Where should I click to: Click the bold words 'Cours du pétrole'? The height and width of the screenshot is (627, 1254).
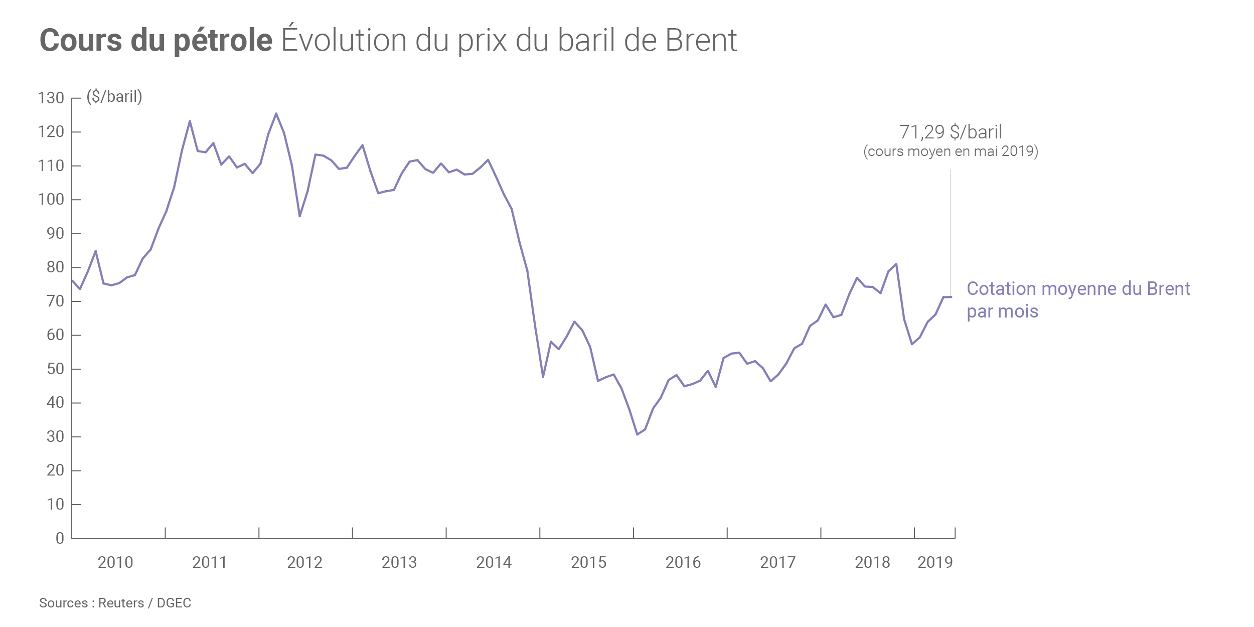[x=155, y=40]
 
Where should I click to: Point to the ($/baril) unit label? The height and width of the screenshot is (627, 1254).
[x=114, y=96]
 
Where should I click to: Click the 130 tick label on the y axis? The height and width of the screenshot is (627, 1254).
[x=51, y=98]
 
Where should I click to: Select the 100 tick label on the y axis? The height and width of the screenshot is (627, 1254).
[x=51, y=200]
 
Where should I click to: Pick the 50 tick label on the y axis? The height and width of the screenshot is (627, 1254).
[x=55, y=369]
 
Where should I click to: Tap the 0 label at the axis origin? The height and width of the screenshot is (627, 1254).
[x=60, y=538]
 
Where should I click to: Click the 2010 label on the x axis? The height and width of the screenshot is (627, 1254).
[x=115, y=562]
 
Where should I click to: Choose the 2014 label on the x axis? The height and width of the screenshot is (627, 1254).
[x=494, y=562]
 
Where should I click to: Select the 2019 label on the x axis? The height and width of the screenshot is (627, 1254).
[x=935, y=562]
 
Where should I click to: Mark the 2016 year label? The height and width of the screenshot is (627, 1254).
[x=683, y=562]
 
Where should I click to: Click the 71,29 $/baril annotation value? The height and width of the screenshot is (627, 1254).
[x=951, y=132]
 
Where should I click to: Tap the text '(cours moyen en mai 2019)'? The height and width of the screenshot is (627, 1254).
[x=951, y=151]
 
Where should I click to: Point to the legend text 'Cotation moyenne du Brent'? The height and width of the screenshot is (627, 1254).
[x=1078, y=288]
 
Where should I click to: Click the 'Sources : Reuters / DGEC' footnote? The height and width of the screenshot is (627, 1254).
[x=115, y=603]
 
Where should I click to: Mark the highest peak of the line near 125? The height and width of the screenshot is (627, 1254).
[x=276, y=113]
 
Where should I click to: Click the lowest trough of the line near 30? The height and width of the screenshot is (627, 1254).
[x=637, y=434]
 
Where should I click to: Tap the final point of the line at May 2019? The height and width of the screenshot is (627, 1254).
[x=951, y=297]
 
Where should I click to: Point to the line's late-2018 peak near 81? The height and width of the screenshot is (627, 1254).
[x=896, y=264]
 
